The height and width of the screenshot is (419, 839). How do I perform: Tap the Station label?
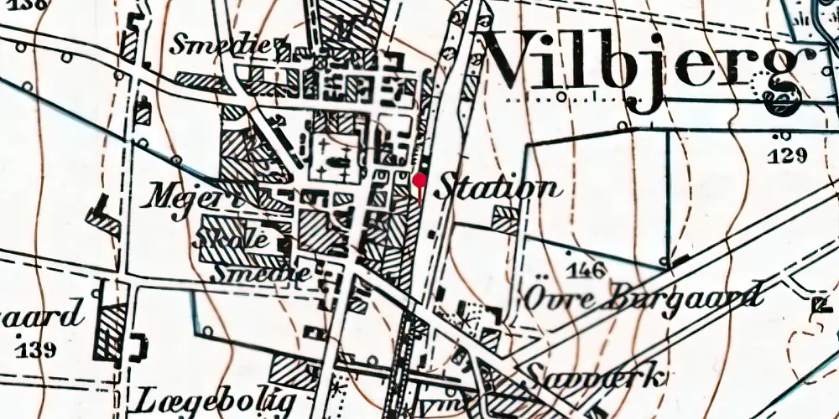coord(498,187)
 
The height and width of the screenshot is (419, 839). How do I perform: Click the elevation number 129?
coord(786,155)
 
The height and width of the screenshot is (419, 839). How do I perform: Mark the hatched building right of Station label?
coord(505,220)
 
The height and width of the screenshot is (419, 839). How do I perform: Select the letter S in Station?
coord(449,186)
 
